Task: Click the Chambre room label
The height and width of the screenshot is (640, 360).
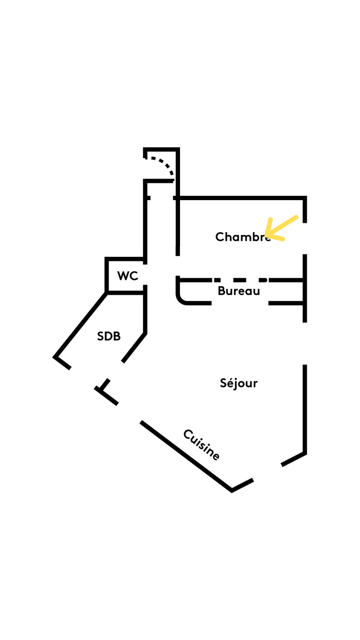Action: click(243, 237)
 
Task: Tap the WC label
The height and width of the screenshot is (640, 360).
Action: click(128, 276)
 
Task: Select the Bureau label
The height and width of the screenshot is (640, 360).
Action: click(239, 291)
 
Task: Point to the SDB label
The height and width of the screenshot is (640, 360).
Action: click(109, 336)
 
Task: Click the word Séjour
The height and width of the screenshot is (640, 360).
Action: click(239, 383)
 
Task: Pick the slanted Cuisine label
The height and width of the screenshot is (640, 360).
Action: click(202, 445)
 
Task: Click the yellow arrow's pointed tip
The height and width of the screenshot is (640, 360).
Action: click(267, 234)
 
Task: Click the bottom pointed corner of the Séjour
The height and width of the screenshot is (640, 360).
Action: click(232, 490)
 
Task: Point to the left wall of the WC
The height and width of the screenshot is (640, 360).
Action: click(107, 275)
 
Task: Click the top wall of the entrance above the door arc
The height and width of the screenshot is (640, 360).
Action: click(162, 149)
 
